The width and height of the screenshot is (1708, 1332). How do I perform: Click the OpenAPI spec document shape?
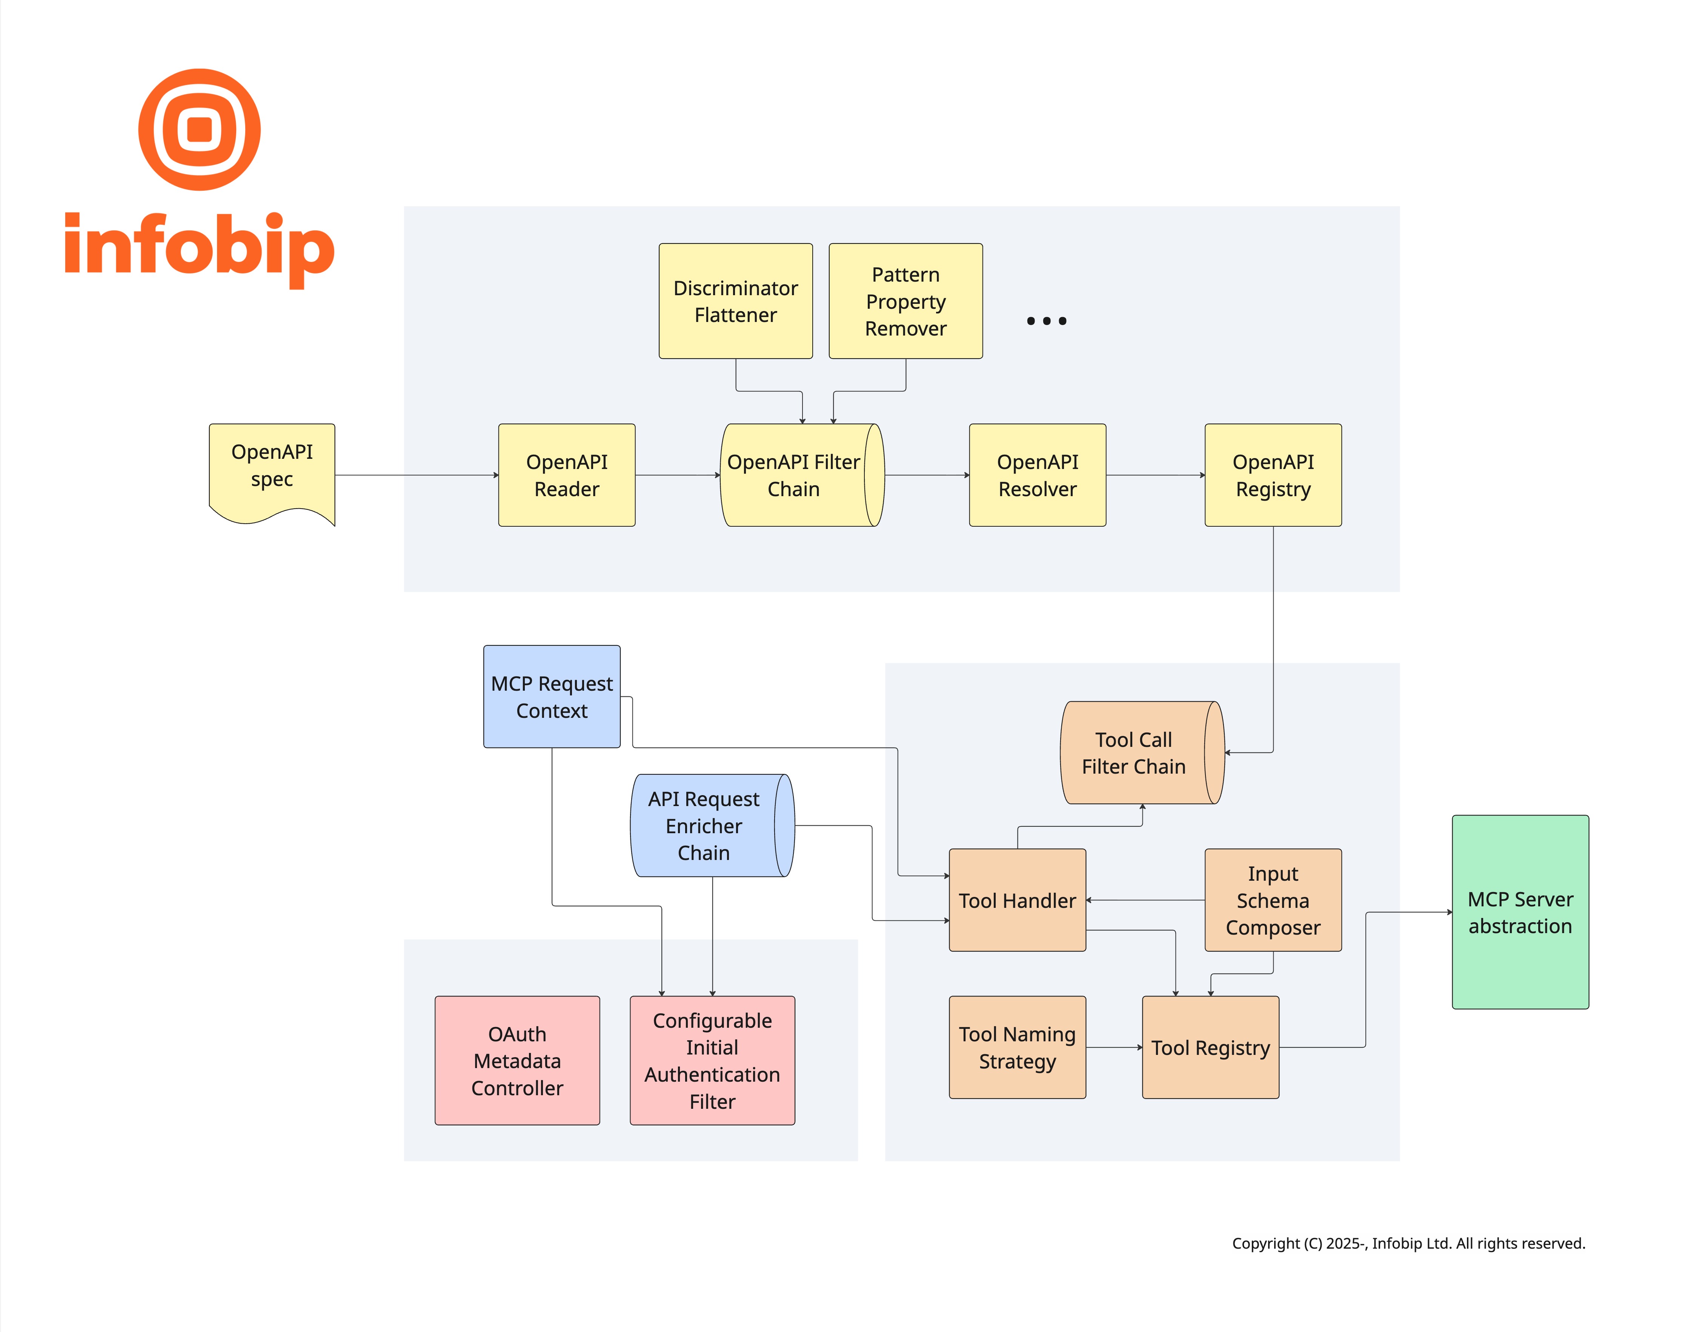click(x=271, y=469)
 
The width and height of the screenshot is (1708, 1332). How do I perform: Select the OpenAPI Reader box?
click(x=566, y=475)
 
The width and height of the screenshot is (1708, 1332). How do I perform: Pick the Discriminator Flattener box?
click(x=735, y=301)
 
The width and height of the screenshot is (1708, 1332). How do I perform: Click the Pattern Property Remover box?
click(x=905, y=301)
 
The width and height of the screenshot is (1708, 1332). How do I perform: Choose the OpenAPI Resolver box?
click(x=1037, y=475)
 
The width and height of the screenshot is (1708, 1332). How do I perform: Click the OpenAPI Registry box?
click(x=1272, y=475)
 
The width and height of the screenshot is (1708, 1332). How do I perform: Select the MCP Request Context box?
click(x=551, y=696)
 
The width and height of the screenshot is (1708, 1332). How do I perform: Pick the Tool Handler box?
click(x=1017, y=900)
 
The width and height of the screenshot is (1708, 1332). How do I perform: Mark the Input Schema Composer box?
click(x=1272, y=900)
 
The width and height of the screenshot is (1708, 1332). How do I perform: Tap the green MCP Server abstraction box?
click(x=1519, y=912)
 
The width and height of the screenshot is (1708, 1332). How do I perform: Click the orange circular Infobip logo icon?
click(x=200, y=129)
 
